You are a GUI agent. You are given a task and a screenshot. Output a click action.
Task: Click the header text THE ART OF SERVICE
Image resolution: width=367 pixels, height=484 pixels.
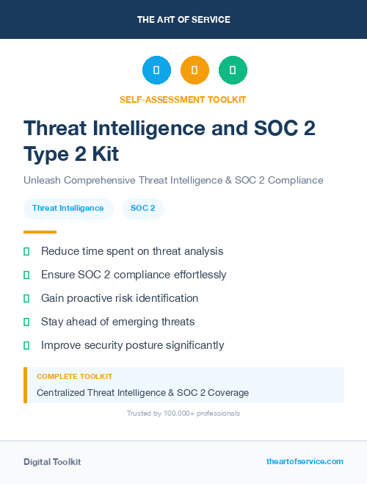coord(183,20)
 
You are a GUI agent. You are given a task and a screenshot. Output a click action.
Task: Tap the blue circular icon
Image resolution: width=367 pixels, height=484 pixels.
coord(156,71)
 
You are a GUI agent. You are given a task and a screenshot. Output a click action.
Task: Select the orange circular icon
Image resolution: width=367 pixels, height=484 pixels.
coord(195,71)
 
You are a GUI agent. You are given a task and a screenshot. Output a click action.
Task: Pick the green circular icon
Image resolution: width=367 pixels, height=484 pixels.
coord(233,71)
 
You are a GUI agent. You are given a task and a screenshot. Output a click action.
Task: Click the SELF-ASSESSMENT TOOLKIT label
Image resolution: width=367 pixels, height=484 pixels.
coord(183,99)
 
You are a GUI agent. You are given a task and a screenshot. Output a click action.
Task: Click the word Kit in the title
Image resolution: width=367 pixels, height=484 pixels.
coord(98,154)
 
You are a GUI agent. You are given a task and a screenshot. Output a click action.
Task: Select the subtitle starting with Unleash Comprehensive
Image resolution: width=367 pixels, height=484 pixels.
coord(173,180)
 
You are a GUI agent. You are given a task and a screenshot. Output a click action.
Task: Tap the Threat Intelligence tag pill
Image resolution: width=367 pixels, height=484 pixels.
coord(68,209)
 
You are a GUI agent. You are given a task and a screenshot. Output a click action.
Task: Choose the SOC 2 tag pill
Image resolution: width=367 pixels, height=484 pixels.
coord(142,209)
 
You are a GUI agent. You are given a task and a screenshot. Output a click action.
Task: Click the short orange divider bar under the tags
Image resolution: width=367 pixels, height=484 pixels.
coord(34,232)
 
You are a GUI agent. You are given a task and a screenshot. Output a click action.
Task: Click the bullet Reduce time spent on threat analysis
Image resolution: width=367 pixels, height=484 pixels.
coord(132,251)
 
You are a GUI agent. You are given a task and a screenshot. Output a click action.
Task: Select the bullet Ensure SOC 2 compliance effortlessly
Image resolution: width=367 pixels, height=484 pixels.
coord(134,275)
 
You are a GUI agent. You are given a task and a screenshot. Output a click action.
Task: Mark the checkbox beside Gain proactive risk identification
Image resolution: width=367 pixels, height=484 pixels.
coord(26,298)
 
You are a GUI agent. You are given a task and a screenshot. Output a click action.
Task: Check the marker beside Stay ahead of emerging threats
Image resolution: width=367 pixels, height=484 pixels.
coord(26,322)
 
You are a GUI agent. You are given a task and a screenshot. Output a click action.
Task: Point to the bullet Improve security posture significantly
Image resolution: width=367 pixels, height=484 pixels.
coord(132,345)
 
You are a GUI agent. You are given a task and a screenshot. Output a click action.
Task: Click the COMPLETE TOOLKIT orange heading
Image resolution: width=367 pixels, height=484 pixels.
coord(74,377)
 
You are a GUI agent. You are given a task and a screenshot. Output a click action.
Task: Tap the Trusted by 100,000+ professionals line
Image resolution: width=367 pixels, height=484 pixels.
coord(183,413)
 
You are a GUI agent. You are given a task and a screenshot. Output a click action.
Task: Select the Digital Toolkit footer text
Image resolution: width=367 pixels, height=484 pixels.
coord(52,462)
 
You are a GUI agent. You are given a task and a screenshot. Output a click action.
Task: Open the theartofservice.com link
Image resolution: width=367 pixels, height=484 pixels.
coord(305,461)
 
